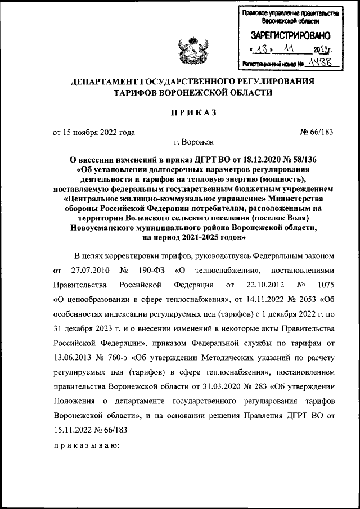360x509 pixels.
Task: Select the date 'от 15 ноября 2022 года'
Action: [94, 133]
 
